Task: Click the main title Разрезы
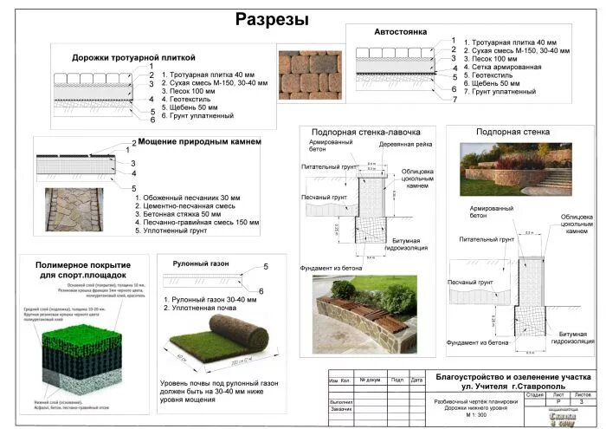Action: (272, 19)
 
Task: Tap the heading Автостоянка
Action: (399, 31)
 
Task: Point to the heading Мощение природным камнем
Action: (199, 141)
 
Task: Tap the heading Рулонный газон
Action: (198, 261)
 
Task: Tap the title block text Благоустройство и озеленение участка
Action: (513, 377)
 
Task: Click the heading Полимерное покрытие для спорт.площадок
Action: (83, 270)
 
